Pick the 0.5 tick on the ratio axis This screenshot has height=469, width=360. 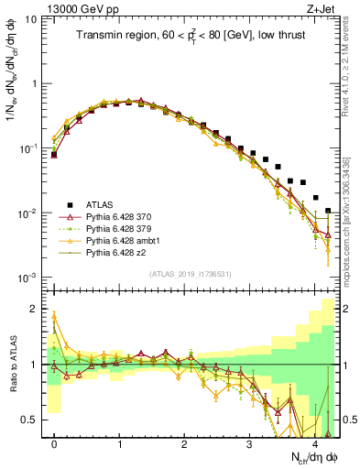click(34, 420)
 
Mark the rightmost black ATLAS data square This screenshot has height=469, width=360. click(328, 211)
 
